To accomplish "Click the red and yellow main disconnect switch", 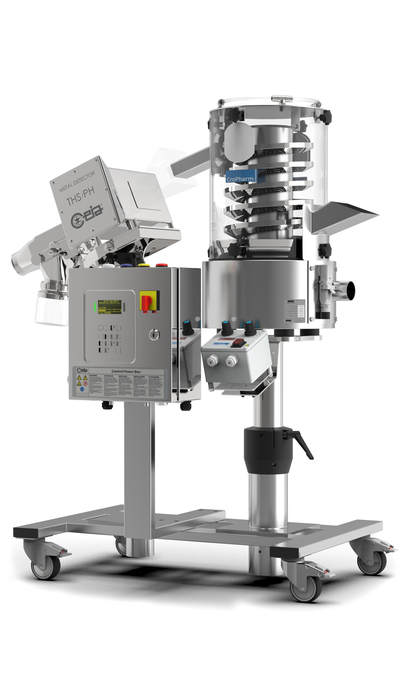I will (149, 302).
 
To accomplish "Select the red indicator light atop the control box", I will (162, 265).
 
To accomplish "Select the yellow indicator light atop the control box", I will (144, 266).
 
